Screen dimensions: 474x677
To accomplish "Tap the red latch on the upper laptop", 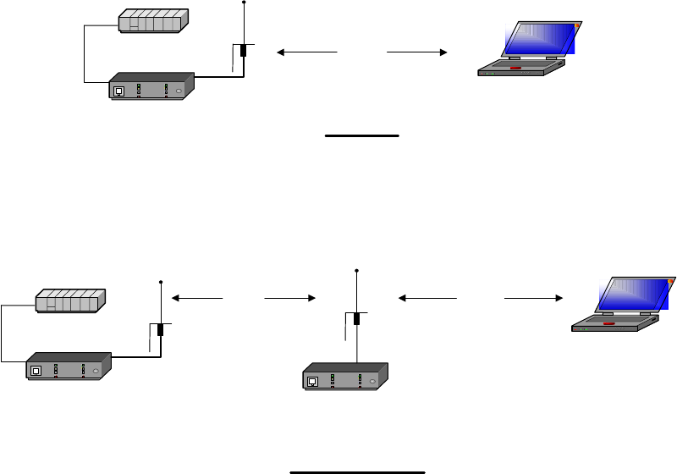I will (515, 64).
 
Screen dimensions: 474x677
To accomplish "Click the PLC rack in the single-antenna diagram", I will (152, 20).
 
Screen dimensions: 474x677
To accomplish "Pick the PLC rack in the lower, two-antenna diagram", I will (69, 300).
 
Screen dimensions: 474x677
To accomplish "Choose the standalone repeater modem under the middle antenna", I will (345, 376).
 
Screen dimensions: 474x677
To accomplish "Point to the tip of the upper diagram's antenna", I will (244, 3).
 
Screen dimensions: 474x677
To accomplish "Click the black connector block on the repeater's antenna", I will (357, 319).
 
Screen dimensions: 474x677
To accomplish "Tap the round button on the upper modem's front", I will (179, 90).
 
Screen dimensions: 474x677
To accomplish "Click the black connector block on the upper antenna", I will (244, 50).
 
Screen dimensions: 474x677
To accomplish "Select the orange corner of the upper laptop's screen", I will (578, 26).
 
